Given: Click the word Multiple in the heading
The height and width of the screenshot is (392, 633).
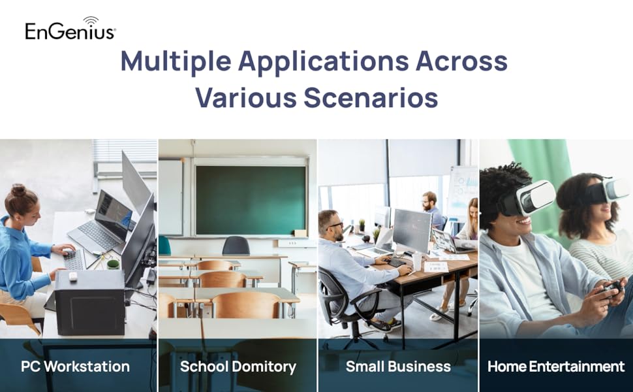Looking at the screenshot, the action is pos(176,61).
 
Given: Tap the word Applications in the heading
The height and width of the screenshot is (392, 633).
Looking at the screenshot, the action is pos(324,61).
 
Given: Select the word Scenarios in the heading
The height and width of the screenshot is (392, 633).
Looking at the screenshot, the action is pos(371,97).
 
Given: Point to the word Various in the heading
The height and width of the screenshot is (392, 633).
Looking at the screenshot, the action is pos(246,97).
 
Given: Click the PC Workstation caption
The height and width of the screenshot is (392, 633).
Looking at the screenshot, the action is pos(76,367).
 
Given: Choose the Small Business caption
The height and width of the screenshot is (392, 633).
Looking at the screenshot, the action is pos(398,367).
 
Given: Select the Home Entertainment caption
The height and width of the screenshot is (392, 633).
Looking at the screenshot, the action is pos(556,367).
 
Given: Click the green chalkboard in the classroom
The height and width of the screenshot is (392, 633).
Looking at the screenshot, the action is pos(251,200).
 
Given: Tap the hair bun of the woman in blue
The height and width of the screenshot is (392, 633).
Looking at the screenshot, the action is pos(18,190).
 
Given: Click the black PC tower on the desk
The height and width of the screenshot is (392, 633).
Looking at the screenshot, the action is pos(89,302).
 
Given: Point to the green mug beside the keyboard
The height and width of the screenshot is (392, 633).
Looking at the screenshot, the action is pos(113,265).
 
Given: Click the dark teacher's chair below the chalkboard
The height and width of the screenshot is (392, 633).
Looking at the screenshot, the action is pos(236,246).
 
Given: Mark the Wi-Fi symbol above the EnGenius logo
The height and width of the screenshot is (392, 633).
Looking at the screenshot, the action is pos(91,21).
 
